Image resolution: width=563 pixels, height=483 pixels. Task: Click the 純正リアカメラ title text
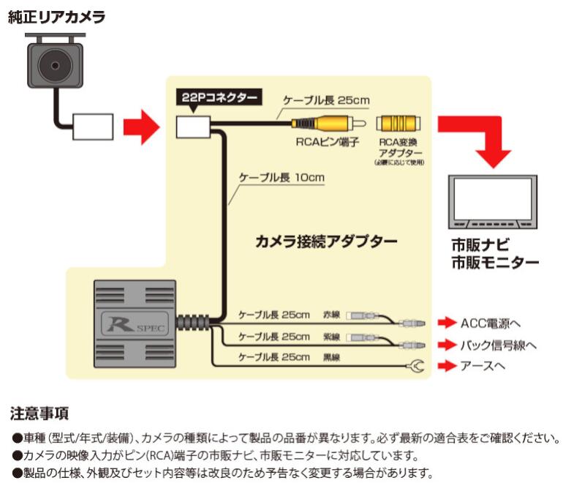56,17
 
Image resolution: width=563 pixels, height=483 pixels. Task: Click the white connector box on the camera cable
92,127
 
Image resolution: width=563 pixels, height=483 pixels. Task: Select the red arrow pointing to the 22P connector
141,127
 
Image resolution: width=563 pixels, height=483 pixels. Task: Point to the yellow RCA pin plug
322,123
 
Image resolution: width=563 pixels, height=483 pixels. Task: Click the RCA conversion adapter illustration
400,123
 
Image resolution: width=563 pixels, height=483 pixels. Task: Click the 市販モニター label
494,262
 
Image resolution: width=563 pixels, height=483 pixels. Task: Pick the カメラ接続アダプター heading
325,241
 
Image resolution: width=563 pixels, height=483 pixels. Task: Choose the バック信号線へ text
499,344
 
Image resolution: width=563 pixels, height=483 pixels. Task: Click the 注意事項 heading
39,414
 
